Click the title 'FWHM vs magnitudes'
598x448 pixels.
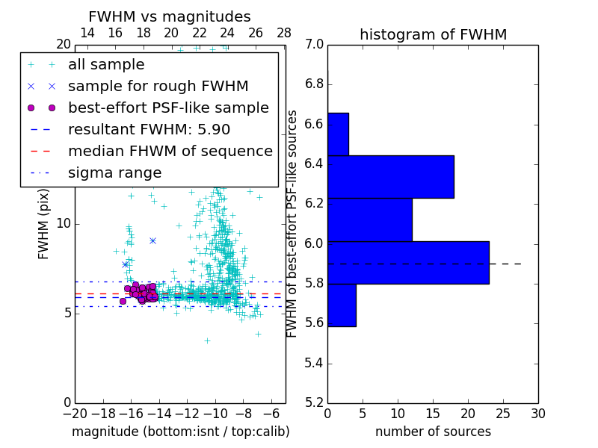click(169, 16)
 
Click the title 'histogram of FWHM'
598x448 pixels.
click(433, 34)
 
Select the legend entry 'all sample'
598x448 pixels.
click(106, 65)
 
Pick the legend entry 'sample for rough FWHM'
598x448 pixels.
click(158, 86)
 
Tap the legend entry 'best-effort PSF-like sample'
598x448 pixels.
click(168, 108)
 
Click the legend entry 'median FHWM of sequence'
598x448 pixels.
click(170, 151)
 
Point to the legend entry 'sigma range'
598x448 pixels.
click(114, 172)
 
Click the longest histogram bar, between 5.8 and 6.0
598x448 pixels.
click(408, 263)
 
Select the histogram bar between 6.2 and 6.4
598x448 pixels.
click(391, 177)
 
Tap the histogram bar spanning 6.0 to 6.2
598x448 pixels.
click(370, 220)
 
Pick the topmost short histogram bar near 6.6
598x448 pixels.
click(338, 134)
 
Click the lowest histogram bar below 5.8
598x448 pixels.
click(342, 305)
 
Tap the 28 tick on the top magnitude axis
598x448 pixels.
click(284, 33)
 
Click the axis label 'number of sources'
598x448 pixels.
click(433, 432)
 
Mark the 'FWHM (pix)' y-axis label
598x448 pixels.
click(44, 223)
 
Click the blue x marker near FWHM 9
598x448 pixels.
click(152, 240)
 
